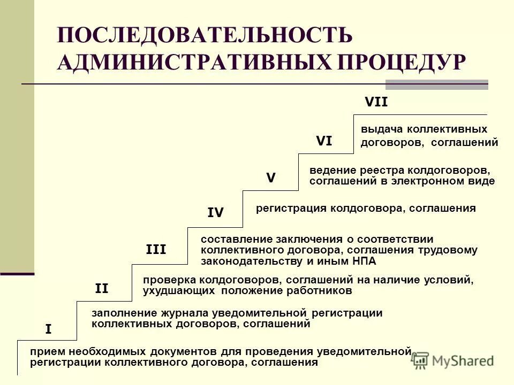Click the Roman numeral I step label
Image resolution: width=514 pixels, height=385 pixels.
click(x=48, y=329)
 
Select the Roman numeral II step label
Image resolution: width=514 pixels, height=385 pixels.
click(x=101, y=289)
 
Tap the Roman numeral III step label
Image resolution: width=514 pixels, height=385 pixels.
click(x=156, y=249)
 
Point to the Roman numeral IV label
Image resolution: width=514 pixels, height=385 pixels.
click(x=215, y=213)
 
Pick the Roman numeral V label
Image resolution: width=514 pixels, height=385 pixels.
click(x=271, y=178)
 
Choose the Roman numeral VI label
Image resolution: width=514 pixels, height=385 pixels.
click(x=324, y=141)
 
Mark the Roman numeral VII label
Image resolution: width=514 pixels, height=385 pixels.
click(x=376, y=102)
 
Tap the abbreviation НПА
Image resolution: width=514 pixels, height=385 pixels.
click(x=364, y=261)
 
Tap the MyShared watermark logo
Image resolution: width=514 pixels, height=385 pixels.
click(x=453, y=360)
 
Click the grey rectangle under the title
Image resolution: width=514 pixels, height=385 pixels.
click(x=437, y=84)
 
